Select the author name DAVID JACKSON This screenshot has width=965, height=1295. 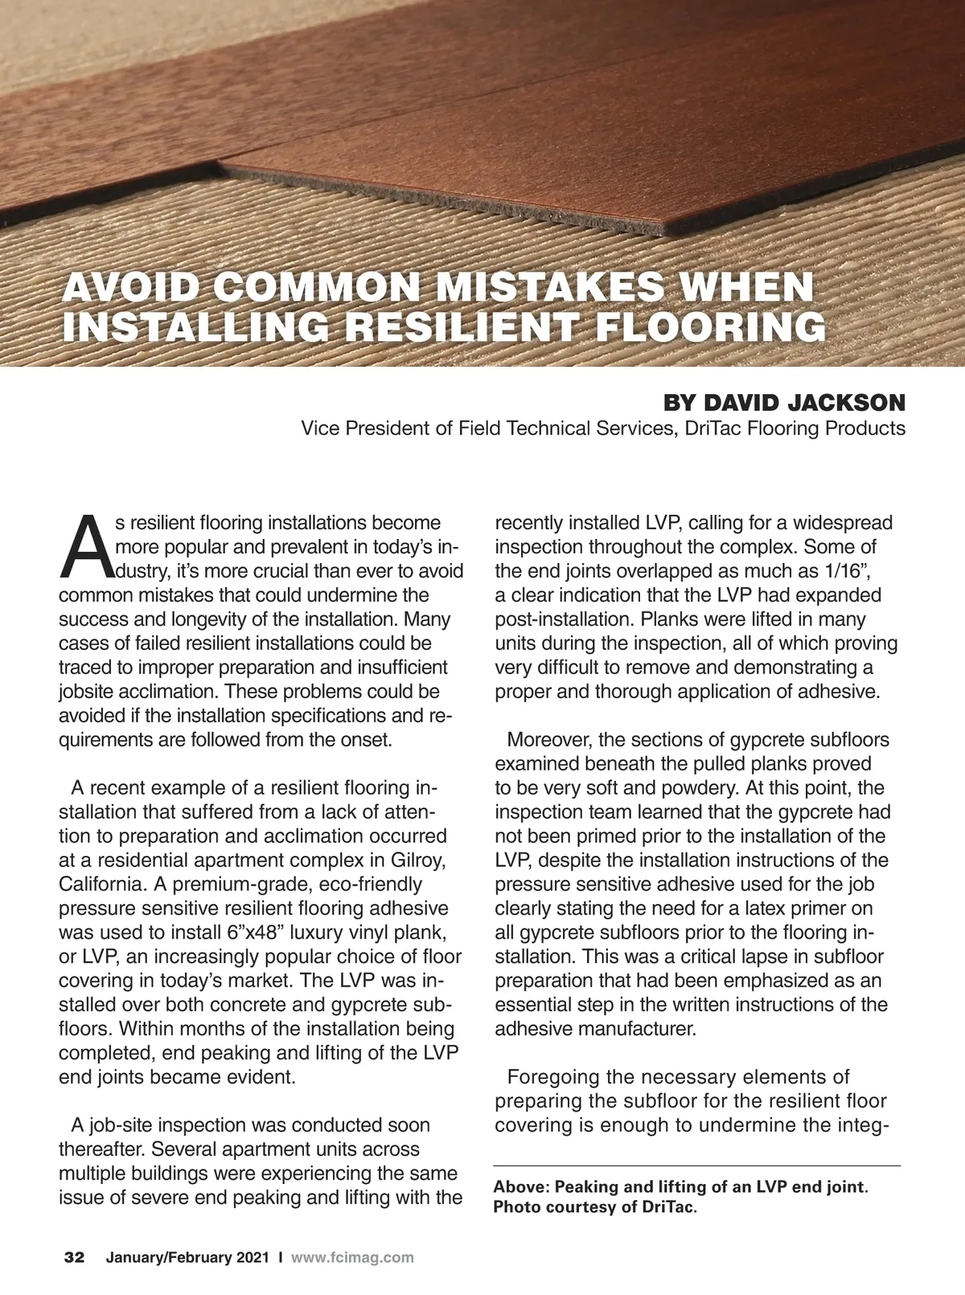click(804, 402)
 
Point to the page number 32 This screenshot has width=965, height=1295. click(75, 1257)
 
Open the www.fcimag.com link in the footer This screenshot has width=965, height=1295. click(352, 1257)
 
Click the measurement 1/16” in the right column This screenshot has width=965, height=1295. click(841, 571)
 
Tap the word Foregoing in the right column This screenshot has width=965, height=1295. click(553, 1077)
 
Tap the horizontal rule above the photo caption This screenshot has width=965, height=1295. click(696, 1165)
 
